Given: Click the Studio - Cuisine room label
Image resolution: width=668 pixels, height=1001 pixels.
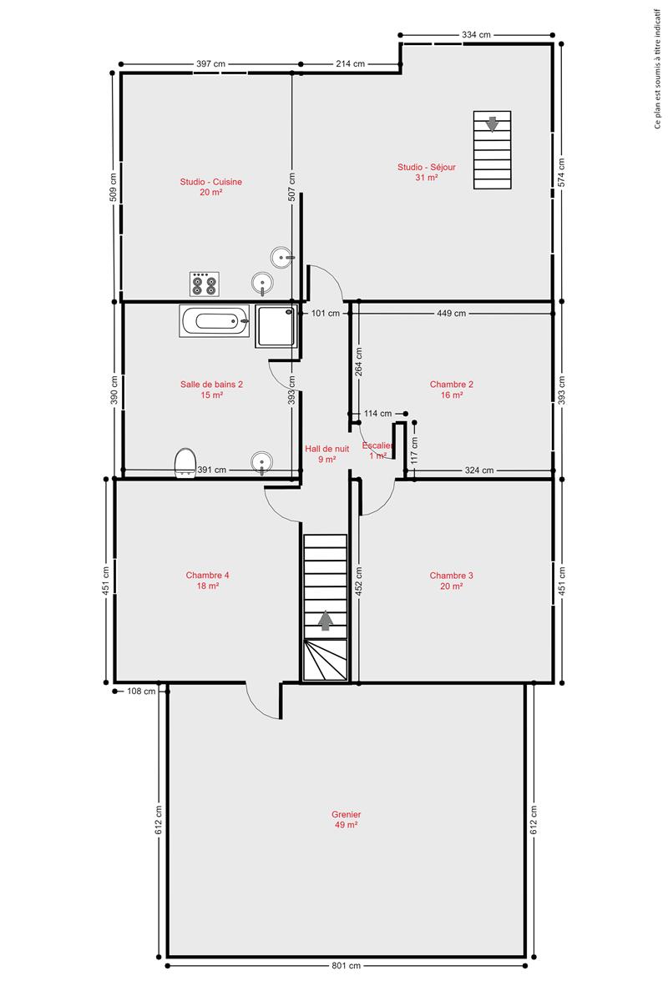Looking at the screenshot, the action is click(x=210, y=187).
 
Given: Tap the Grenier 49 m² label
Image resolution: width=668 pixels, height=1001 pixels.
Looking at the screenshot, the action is click(x=346, y=819).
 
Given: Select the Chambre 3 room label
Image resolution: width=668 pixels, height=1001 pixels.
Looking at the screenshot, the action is click(x=451, y=581).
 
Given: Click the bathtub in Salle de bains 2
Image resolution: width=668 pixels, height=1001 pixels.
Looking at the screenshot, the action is click(x=215, y=321).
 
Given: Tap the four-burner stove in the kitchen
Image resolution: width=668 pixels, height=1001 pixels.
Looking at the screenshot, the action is click(x=205, y=284).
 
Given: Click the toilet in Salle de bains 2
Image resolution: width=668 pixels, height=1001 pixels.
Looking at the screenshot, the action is click(x=185, y=463).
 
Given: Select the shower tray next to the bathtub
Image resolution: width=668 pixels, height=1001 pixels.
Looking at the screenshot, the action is click(x=276, y=326).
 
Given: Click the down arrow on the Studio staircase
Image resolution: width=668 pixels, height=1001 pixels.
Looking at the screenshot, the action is click(x=492, y=124).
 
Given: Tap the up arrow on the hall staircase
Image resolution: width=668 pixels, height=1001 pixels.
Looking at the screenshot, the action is click(x=326, y=621).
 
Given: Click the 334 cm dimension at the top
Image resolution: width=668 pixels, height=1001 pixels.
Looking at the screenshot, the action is click(x=476, y=34).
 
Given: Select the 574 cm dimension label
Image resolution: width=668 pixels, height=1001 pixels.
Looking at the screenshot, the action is click(x=561, y=173).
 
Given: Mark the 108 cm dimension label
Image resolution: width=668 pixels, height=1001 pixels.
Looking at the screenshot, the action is click(x=141, y=692).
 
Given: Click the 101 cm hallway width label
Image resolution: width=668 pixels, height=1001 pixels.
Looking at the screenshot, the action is click(x=326, y=314).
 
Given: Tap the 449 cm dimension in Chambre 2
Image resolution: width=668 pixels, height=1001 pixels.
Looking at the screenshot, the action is click(x=452, y=314).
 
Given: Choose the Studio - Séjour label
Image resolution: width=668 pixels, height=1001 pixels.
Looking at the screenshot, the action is click(x=427, y=172).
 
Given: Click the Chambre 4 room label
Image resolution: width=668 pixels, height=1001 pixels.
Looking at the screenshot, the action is click(x=208, y=580).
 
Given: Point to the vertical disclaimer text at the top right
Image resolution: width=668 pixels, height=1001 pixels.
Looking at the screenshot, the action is click(x=658, y=68).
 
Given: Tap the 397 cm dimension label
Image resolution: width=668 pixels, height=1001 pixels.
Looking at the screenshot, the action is click(x=210, y=63).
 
